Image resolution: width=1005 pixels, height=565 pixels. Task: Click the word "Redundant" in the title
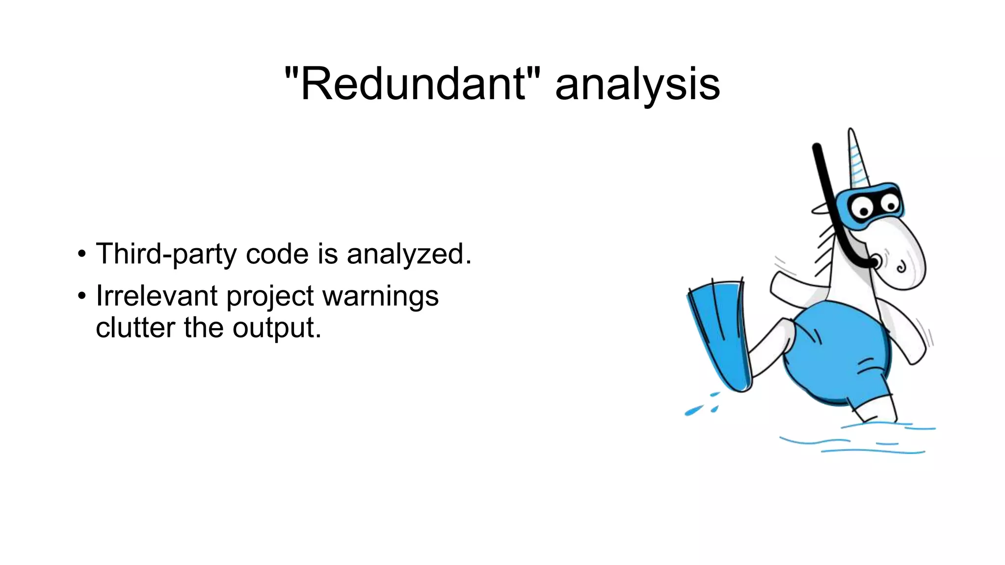413,84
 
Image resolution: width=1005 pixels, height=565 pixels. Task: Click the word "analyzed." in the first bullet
409,254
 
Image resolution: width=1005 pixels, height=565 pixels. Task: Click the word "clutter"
135,328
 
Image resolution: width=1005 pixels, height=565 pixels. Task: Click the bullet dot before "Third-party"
81,255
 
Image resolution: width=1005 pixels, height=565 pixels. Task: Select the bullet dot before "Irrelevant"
81,296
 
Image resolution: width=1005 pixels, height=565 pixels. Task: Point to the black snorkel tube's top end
817,147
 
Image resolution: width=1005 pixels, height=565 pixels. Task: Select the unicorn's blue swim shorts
839,353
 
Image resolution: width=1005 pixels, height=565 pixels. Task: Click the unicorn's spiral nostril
901,268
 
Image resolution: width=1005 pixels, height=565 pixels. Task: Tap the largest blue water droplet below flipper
693,411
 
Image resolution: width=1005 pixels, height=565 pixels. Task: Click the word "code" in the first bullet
277,254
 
